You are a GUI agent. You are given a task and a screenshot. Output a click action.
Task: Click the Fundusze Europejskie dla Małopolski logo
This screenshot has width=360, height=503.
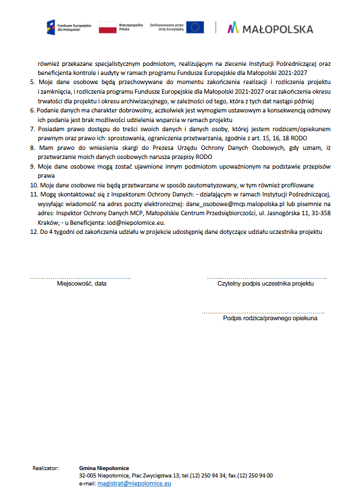64,27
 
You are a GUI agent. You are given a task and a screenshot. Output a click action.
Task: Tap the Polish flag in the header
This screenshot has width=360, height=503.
108,27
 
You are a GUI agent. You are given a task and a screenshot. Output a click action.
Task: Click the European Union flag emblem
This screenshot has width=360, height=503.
195,27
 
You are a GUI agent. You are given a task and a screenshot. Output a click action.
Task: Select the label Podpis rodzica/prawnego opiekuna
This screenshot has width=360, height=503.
270,318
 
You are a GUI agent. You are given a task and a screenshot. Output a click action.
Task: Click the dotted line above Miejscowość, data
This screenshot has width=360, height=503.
80,278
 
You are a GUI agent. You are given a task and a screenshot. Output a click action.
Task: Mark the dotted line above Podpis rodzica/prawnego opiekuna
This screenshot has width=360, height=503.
263,312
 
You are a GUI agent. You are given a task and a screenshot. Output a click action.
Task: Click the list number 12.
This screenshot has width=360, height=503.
34,232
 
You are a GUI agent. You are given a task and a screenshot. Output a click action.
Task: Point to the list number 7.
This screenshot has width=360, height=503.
33,129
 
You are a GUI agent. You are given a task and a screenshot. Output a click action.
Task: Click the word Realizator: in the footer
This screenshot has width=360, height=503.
46,468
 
